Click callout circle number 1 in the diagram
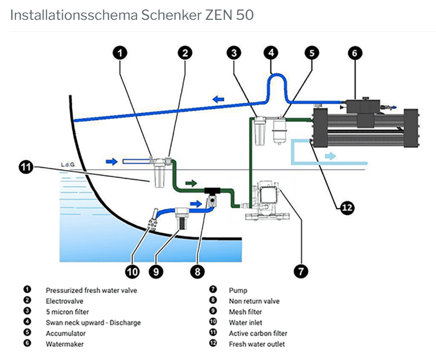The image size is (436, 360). tap(120, 53)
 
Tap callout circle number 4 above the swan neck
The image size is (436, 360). tap(270, 53)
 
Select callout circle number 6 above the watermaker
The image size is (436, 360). tap(355, 53)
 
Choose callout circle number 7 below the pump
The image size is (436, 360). tap(300, 271)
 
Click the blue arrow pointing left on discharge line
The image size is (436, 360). tap(218, 99)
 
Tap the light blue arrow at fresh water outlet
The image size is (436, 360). tap(329, 157)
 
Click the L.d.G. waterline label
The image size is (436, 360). tap(69, 164)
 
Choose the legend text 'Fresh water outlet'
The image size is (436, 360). tap(257, 345)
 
